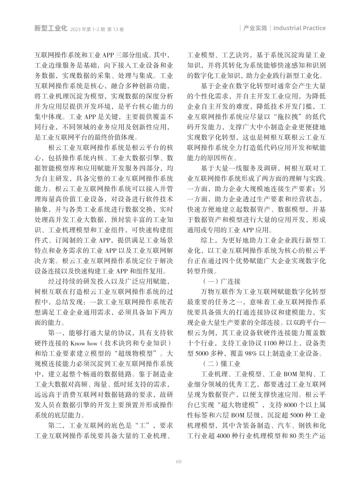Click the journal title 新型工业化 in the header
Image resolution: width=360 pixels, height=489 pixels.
pyautogui.click(x=51, y=28)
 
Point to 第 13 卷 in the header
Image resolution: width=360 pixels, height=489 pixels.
pyautogui.click(x=115, y=29)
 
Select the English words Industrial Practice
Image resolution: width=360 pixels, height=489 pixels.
pyautogui.click(x=299, y=28)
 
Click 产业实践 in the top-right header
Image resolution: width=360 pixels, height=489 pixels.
pyautogui.click(x=255, y=28)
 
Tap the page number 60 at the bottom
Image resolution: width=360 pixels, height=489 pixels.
pyautogui.click(x=179, y=461)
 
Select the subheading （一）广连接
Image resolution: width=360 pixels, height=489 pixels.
pyautogui.click(x=222, y=281)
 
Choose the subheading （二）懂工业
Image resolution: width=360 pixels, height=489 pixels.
pyautogui.click(x=222, y=364)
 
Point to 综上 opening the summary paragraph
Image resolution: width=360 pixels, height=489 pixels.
pyautogui.click(x=207, y=240)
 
